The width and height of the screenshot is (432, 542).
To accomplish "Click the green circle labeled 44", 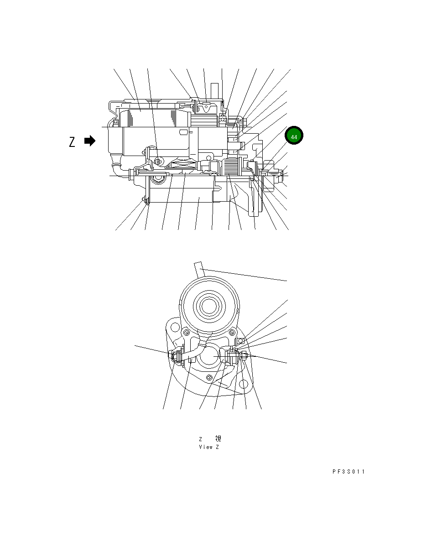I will coord(294,136).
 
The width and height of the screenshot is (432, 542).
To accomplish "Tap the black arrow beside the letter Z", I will coord(90,141).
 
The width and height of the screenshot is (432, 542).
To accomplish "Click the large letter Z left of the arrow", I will coord(72,142).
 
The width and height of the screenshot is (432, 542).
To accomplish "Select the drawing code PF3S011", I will coord(348,472).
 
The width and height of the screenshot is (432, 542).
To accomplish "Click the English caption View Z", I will coord(209,447).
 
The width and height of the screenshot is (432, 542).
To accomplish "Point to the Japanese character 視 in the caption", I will coord(218,438).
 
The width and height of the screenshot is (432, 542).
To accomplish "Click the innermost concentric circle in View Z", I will coord(208,306).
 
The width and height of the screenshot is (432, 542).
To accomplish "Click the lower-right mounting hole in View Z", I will coord(244,385).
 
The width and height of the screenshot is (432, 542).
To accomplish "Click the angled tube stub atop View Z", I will coord(201,269).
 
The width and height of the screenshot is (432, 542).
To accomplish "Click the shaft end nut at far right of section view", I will coord(280,174).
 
